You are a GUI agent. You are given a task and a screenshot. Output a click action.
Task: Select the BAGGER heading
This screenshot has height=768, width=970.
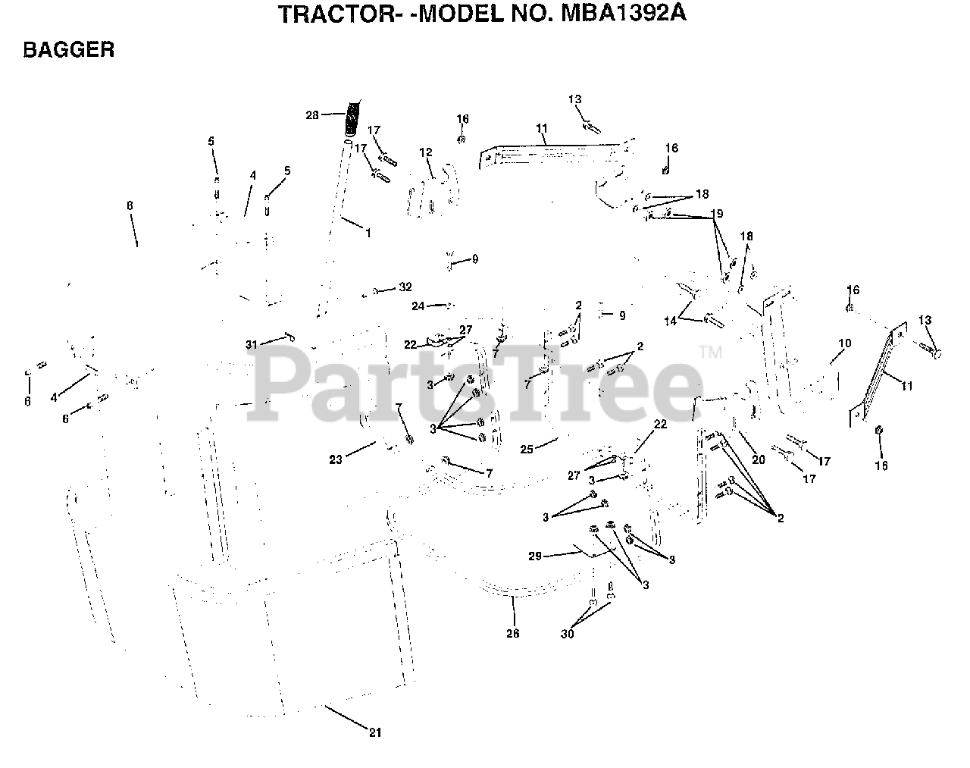68,50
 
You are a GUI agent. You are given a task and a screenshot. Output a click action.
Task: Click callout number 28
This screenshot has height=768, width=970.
312,115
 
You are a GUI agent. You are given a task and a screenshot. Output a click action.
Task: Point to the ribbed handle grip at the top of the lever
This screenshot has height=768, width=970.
352,117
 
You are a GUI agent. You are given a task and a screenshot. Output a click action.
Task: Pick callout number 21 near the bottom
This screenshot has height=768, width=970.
375,732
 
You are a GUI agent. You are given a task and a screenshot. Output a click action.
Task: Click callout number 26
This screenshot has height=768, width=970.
513,634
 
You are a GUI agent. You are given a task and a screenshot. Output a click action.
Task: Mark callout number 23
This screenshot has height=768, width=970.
336,459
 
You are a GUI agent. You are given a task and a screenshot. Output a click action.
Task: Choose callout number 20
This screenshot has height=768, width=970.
759,459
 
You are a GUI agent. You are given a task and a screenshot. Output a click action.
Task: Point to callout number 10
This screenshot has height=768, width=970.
845,343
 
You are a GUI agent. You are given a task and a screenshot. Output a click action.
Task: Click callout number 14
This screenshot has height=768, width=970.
671,321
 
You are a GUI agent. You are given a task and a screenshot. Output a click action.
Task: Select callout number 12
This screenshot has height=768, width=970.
426,152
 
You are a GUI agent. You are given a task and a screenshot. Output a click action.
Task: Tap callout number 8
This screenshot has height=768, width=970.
130,205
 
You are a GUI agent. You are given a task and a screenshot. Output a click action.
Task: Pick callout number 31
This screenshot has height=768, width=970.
251,344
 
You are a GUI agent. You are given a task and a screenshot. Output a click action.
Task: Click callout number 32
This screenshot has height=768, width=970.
405,287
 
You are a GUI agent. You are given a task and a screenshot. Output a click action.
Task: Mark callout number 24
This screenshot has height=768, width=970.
418,306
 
